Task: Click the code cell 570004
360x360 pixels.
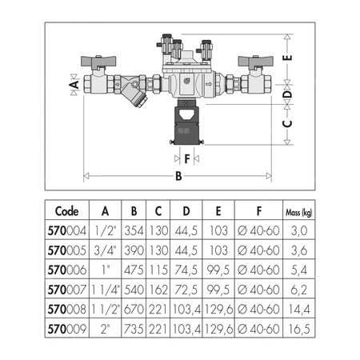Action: [67, 230]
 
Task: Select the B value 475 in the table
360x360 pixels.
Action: [134, 270]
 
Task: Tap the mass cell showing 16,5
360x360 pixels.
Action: [299, 329]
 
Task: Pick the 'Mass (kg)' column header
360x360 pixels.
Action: [299, 213]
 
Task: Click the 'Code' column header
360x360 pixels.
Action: [67, 211]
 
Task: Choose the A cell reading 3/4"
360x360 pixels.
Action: [106, 250]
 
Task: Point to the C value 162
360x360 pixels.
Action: [158, 290]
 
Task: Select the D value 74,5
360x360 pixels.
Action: [186, 270]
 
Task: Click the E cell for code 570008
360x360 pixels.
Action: [218, 310]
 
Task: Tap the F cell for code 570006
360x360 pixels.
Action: [258, 270]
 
